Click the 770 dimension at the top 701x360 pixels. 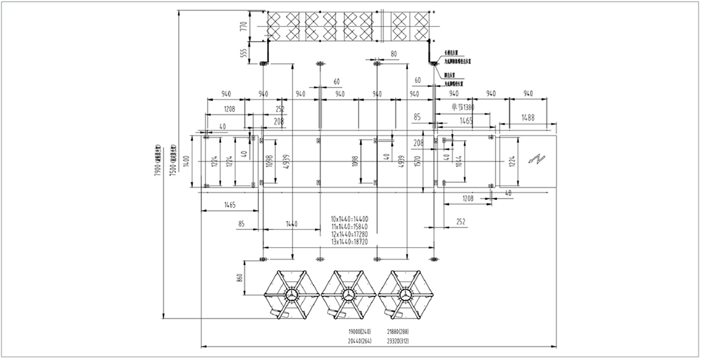tap(242, 27)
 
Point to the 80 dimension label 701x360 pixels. tap(394, 53)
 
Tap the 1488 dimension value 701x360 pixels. tap(527, 117)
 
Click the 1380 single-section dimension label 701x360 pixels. tap(463, 107)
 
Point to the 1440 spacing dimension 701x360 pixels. tap(292, 223)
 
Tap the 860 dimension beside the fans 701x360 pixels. tap(240, 279)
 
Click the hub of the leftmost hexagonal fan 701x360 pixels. tap(292, 295)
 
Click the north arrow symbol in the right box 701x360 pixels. tap(535, 159)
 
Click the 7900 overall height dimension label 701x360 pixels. tap(157, 162)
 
